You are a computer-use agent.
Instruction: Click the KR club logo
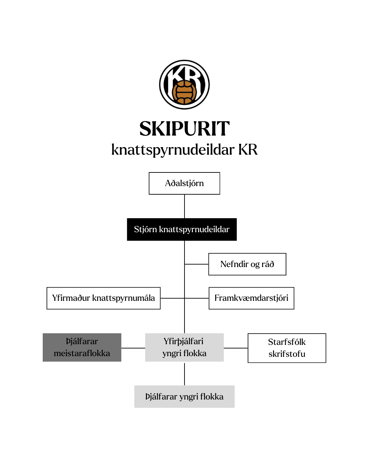184,85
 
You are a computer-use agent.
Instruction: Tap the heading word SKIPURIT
184,129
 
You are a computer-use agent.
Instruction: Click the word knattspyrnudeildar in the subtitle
173,150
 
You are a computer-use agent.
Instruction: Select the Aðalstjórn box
184,183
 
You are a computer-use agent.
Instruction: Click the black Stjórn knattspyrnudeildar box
182,229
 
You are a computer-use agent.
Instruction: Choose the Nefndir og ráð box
247,264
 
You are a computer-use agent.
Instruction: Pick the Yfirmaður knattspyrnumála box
104,298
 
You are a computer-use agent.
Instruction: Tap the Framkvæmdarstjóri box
251,298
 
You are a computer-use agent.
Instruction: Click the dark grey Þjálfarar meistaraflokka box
82,347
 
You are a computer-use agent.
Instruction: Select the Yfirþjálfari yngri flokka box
184,347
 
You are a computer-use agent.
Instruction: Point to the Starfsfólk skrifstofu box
287,348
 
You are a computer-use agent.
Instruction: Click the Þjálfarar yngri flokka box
184,396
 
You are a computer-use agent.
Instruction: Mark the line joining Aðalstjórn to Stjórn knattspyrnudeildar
184,206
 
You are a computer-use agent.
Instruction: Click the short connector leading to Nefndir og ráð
196,264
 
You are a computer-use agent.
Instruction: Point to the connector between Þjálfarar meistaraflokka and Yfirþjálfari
133,348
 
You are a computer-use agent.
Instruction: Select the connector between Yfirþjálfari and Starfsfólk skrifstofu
236,348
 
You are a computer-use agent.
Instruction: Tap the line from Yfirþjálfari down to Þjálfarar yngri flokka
184,374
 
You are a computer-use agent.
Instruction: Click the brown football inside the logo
184,93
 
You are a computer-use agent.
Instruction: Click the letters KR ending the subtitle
248,150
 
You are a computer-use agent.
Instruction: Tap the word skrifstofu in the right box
287,354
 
